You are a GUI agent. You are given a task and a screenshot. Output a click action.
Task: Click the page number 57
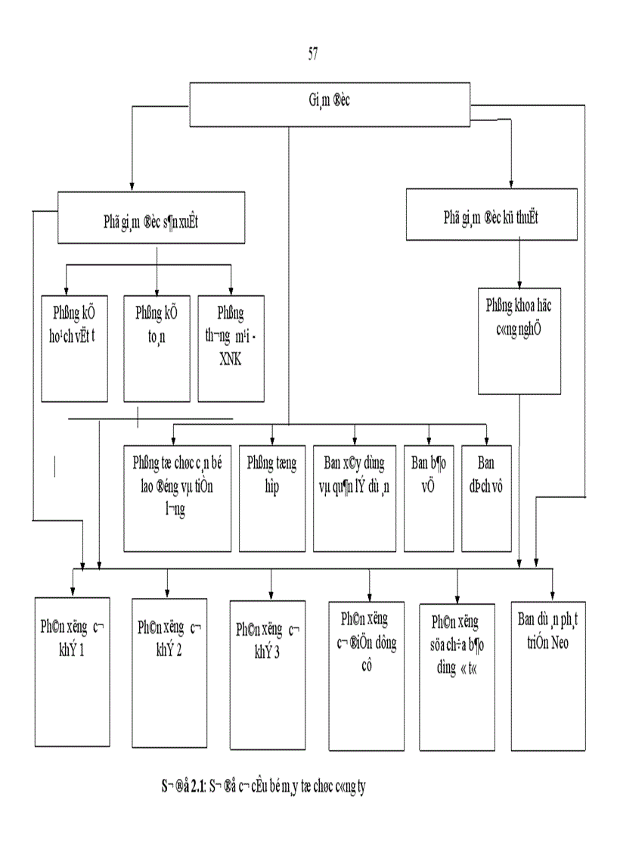[312, 54]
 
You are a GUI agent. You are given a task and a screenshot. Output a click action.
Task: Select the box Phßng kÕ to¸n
[157, 347]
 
